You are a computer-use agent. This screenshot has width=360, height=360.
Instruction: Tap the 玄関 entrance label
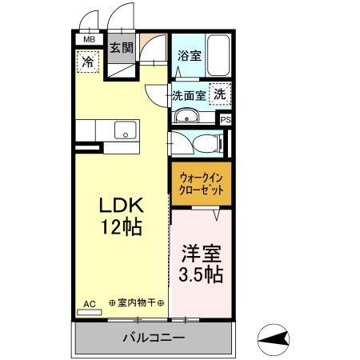coord(121,46)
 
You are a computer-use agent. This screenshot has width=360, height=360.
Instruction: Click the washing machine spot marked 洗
coord(218,94)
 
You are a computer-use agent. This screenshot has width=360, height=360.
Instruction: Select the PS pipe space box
coord(226,120)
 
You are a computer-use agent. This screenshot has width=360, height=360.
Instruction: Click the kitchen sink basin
coord(124,130)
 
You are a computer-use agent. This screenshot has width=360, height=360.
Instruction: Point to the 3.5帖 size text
coord(200,274)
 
